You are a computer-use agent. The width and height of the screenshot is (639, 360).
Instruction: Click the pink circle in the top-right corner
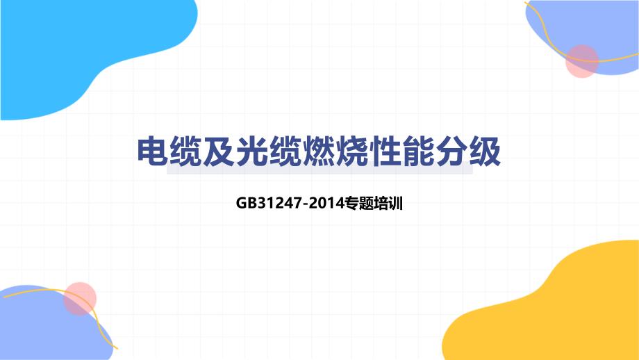click(x=581, y=61)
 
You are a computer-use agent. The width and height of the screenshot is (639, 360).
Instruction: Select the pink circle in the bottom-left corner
click(x=80, y=299)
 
